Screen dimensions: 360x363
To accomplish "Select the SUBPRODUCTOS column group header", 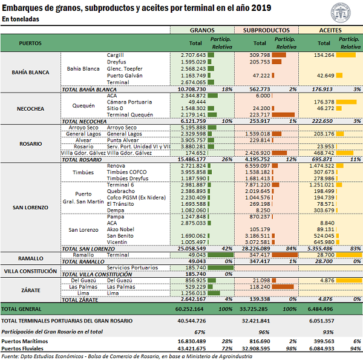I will (266, 30).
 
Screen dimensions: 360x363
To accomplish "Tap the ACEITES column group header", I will (330, 30).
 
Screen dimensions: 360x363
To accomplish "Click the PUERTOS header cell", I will (31, 43).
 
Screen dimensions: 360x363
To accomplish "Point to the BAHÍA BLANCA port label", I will (31, 72).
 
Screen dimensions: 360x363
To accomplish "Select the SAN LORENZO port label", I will (31, 208).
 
